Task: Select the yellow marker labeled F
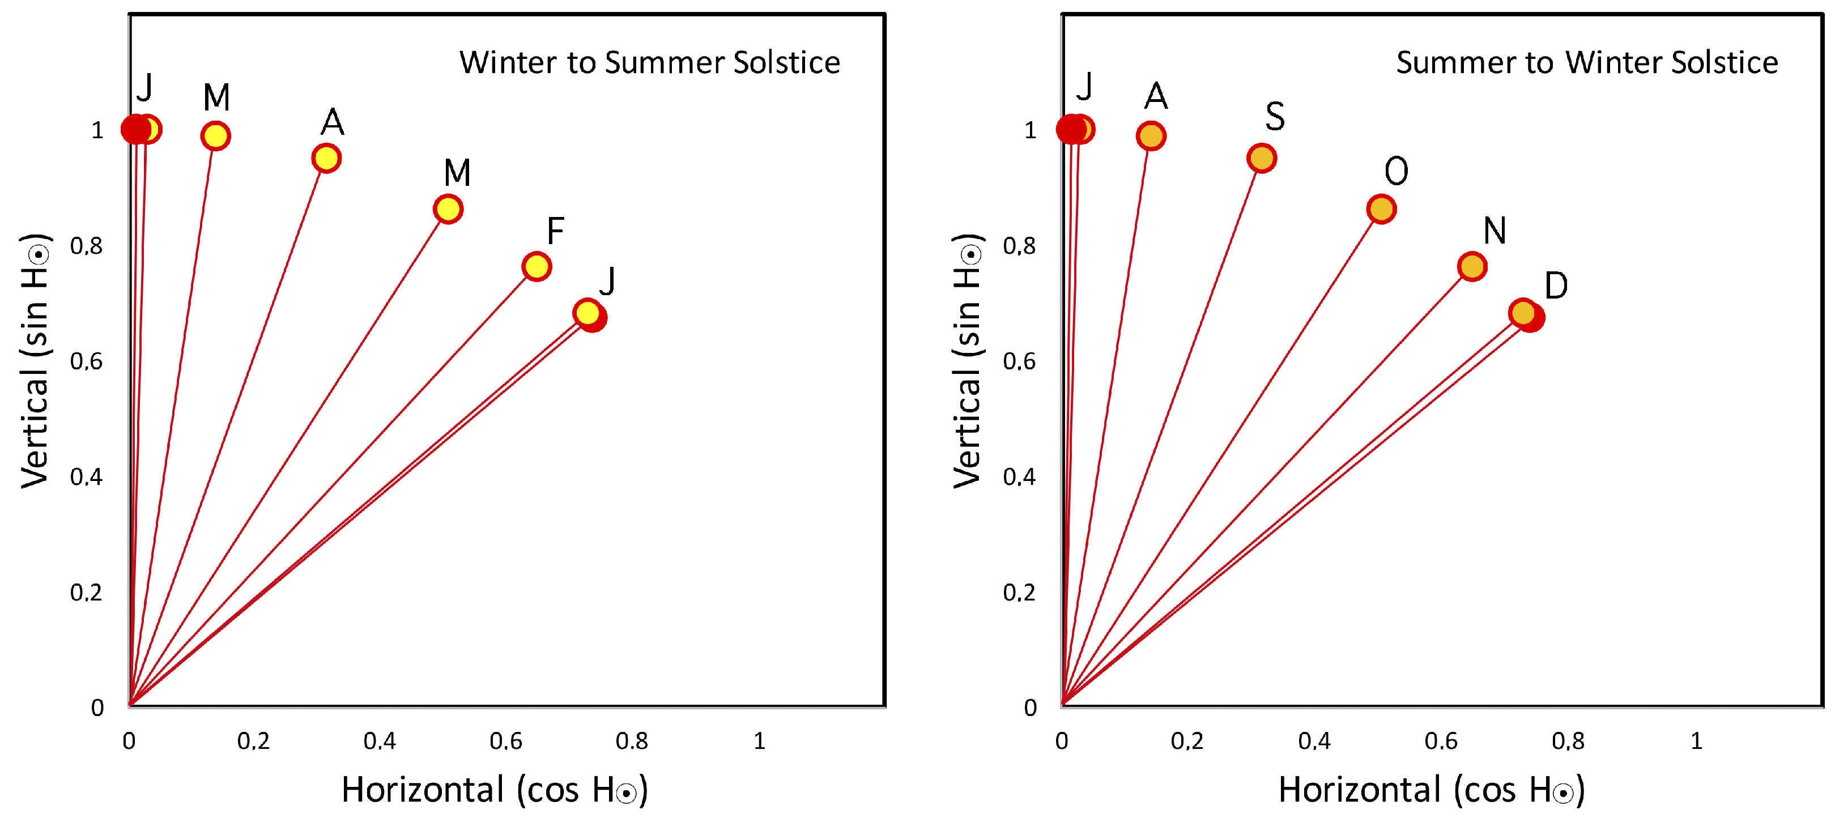[536, 266]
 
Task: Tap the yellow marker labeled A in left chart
[326, 157]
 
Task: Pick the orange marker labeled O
[1381, 208]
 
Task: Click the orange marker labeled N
[1472, 266]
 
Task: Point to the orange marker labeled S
[1261, 157]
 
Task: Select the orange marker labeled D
[1522, 313]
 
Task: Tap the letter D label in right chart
[1556, 286]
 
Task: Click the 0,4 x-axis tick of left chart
[379, 742]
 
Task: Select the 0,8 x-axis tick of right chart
[1568, 742]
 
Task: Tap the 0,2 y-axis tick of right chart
[1019, 593]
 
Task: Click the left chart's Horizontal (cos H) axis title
[495, 790]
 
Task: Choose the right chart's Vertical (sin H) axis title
[968, 360]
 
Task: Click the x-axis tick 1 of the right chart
[1696, 742]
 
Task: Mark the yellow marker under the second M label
[448, 208]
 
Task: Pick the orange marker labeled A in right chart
[1151, 135]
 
